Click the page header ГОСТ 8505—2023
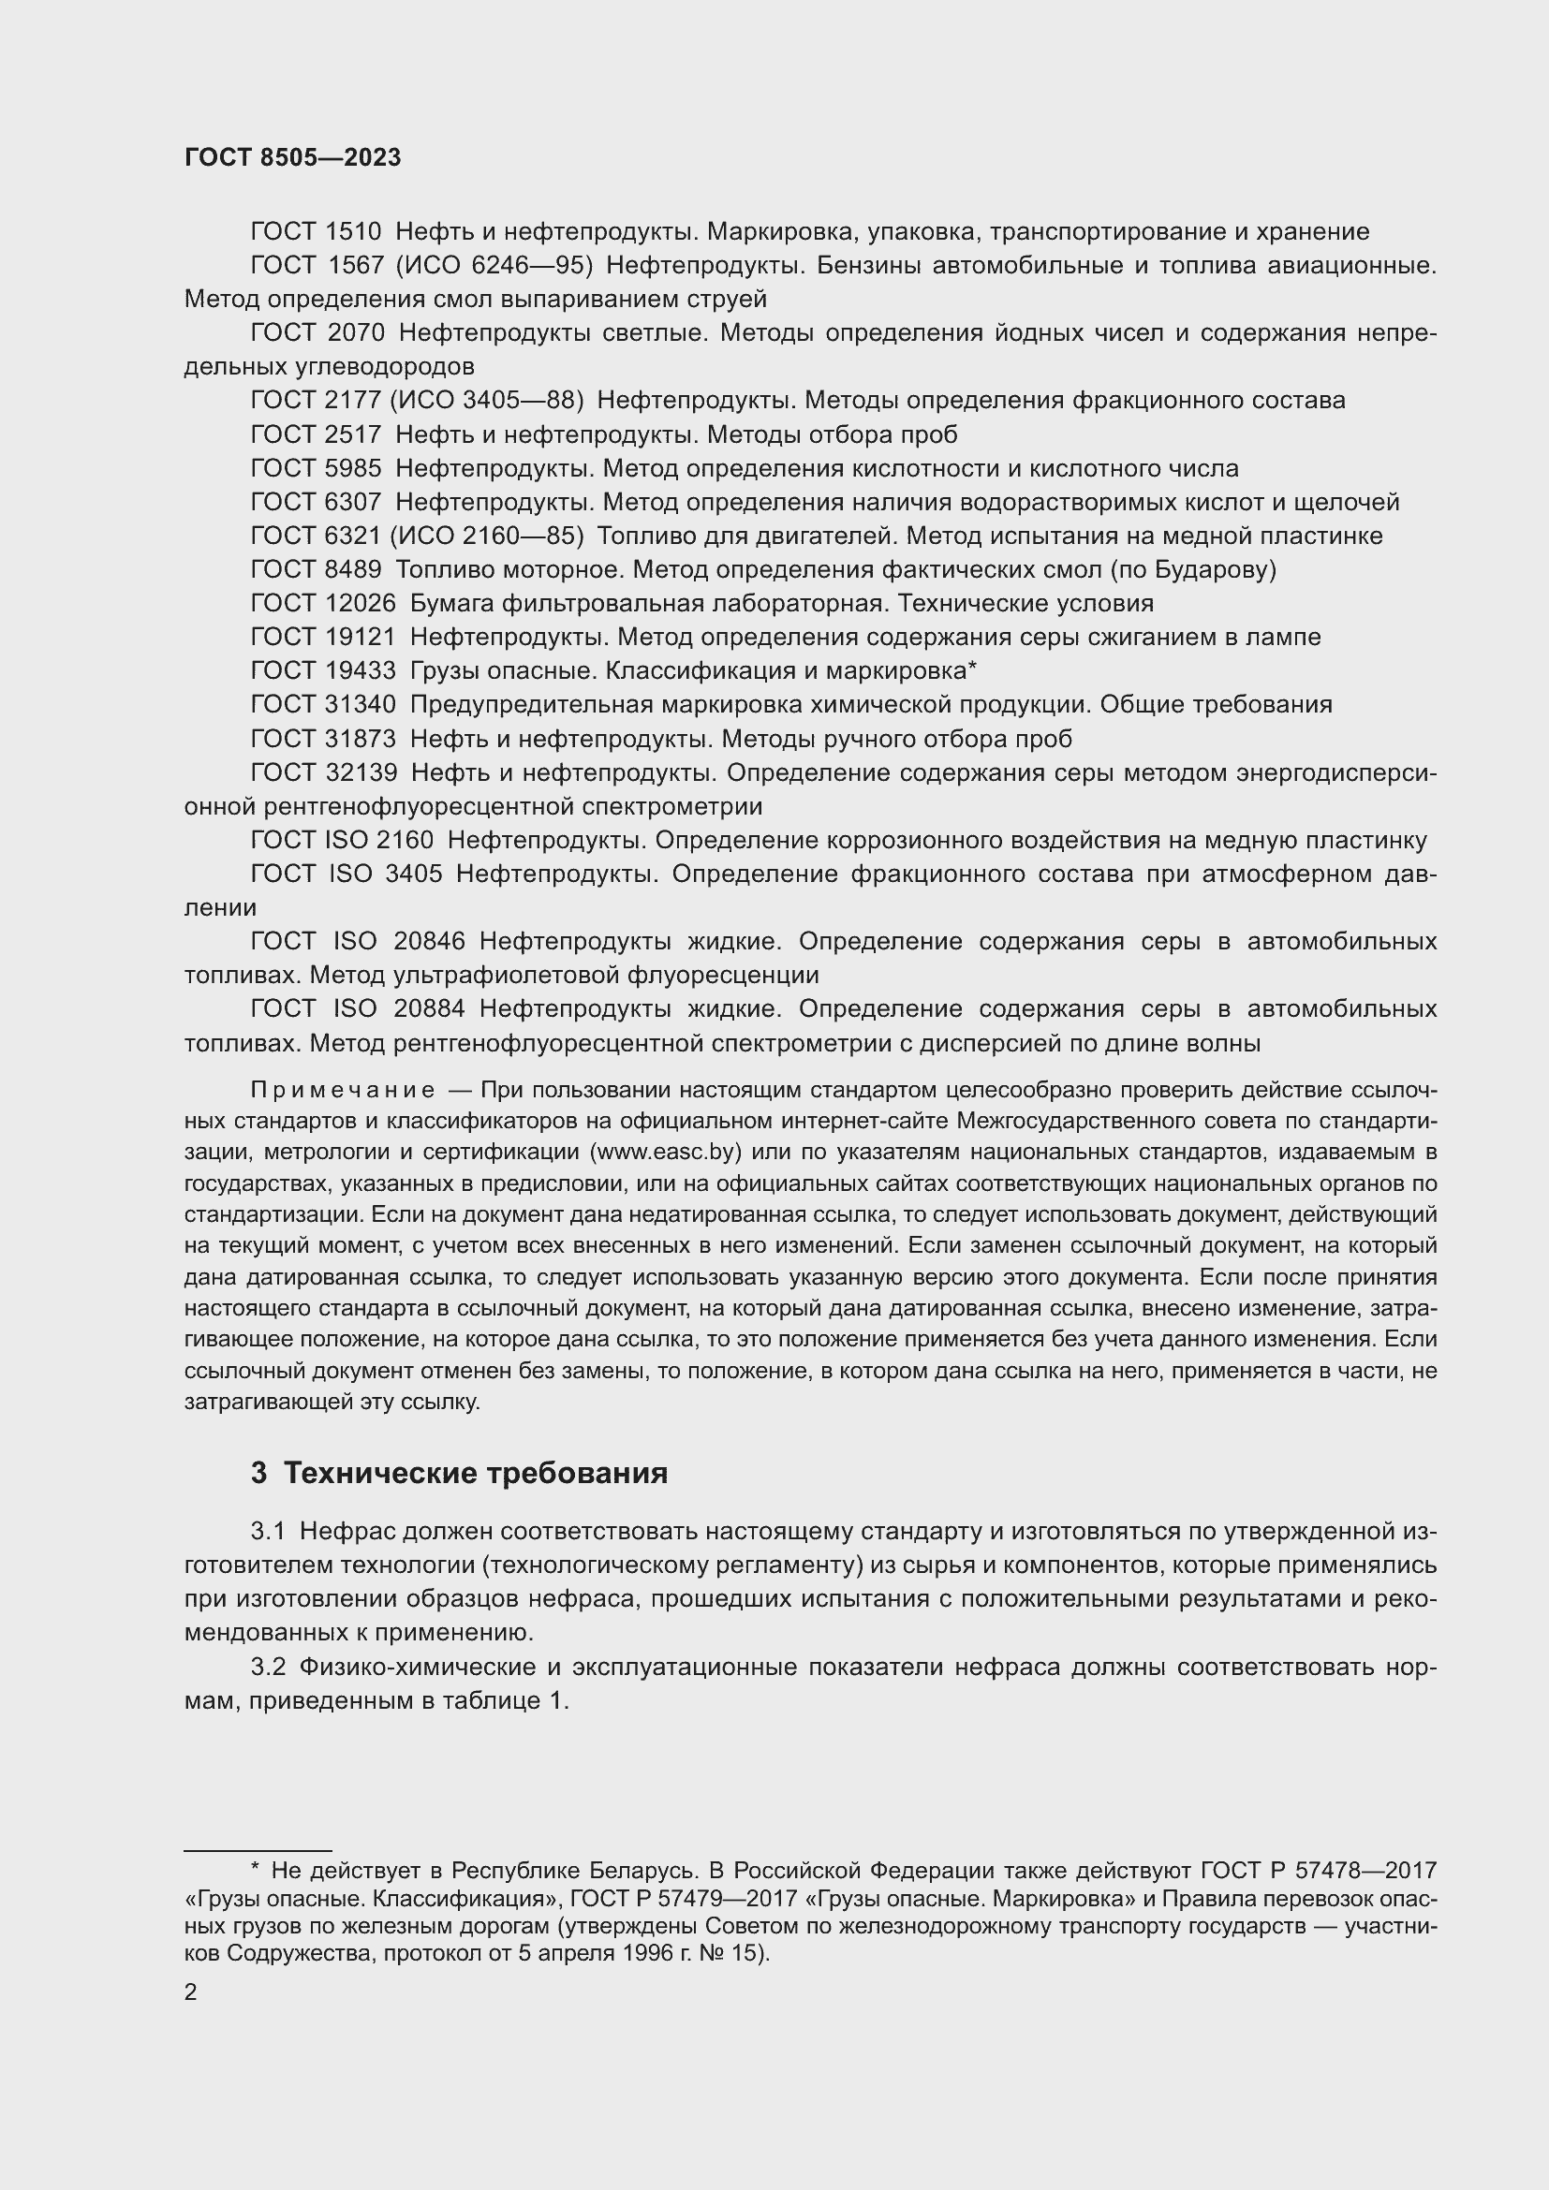(x=293, y=158)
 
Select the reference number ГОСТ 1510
(x=316, y=232)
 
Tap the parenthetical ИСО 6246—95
(x=494, y=265)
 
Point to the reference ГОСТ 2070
(x=317, y=333)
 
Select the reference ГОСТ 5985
(x=316, y=468)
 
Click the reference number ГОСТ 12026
(x=322, y=604)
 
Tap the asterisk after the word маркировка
(x=972, y=669)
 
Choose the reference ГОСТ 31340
(x=322, y=705)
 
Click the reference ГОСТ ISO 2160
(x=342, y=840)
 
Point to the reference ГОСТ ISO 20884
(x=358, y=1009)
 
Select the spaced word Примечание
(x=343, y=1090)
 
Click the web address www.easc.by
(x=668, y=1153)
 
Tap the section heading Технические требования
(x=475, y=1474)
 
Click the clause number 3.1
(x=268, y=1532)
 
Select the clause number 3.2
(x=268, y=1668)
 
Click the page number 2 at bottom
(x=191, y=1992)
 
